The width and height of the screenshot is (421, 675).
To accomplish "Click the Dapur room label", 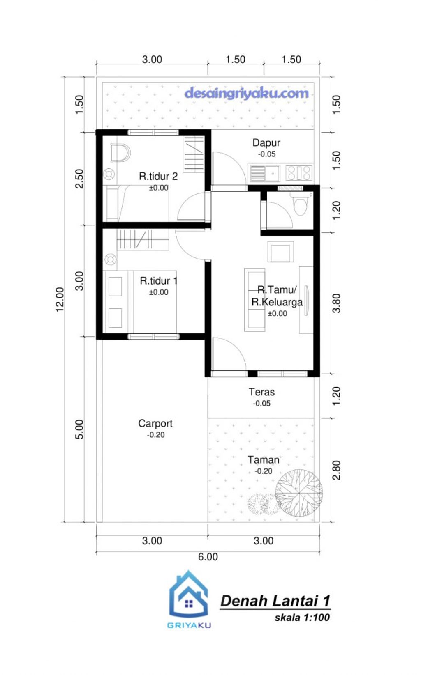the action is point(266,142).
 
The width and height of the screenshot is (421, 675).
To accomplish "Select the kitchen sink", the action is point(264,173).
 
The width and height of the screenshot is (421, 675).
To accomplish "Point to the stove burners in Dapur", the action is point(299,173).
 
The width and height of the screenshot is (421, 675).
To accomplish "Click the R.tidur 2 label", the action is point(158,176).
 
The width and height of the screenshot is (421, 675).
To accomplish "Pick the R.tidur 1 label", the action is point(158,281).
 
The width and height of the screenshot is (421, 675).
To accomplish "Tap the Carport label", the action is point(155,424).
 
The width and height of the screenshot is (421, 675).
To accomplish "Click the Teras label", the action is point(261,392).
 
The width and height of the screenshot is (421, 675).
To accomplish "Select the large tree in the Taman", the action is point(299,494).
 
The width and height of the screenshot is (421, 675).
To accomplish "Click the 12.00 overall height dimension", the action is point(60,299).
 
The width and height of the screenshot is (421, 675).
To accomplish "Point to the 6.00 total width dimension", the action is point(208,557).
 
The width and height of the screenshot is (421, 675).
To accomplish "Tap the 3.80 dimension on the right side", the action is point(336,303).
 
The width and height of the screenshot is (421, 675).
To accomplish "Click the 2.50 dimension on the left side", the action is point(79,179).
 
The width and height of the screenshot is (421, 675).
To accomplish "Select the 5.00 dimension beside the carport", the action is point(79,429).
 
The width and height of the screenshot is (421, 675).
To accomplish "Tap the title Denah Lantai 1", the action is point(275,601).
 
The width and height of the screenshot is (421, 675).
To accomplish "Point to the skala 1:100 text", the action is point(302,618).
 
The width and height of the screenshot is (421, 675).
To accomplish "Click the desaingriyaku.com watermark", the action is point(247,93).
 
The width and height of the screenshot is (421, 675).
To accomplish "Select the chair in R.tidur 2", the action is point(120,153).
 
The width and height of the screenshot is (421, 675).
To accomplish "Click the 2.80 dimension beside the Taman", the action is point(336,470).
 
